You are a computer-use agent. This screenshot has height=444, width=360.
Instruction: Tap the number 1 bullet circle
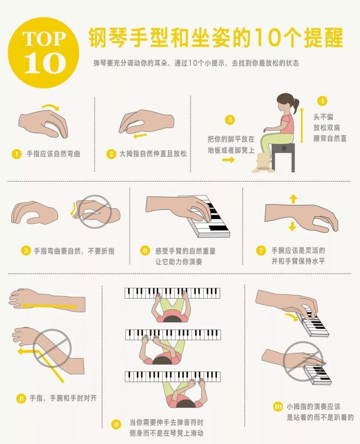pos(17,154)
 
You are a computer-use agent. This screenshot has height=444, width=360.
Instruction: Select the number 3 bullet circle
pos(230,120)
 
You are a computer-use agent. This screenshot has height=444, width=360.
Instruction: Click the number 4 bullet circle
pos(322,101)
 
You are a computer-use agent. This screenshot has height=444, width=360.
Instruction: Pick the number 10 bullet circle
pos(278,407)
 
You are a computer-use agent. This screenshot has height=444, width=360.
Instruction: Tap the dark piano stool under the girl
pos(282,156)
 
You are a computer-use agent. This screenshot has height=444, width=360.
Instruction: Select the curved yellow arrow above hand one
pos(50,106)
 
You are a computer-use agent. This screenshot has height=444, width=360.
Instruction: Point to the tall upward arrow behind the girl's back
pos(302,125)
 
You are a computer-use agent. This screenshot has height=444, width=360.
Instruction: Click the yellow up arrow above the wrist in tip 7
pos(293,199)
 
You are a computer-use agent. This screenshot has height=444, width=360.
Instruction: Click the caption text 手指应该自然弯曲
pos(54,154)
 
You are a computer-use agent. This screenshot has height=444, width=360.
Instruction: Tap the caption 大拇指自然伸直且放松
pos(153,154)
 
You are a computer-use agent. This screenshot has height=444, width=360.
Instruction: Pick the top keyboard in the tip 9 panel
pos(172,294)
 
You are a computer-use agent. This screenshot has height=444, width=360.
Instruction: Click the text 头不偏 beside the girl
pos(323,117)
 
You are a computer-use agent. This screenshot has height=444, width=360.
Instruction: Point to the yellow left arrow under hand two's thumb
pos(140,136)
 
